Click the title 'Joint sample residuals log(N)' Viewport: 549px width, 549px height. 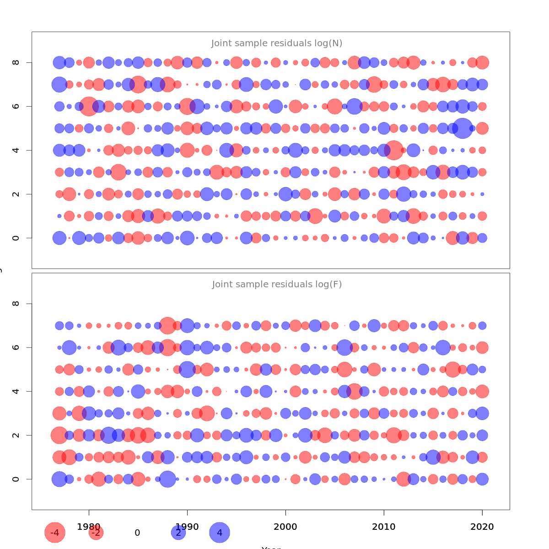click(x=277, y=43)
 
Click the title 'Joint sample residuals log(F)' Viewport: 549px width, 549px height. click(x=277, y=285)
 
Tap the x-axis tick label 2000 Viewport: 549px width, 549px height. click(x=285, y=527)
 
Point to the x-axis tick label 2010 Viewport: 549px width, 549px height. click(x=384, y=527)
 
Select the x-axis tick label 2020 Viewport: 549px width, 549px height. click(x=482, y=527)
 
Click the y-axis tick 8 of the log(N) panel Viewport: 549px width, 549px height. click(x=16, y=62)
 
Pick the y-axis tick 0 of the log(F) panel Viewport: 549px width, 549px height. click(x=16, y=479)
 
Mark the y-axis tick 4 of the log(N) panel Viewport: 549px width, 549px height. click(x=16, y=150)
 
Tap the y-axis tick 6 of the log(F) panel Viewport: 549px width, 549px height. click(x=16, y=347)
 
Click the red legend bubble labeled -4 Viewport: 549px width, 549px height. click(x=55, y=533)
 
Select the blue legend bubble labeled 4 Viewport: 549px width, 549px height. click(x=220, y=533)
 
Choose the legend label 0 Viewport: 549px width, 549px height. click(x=137, y=533)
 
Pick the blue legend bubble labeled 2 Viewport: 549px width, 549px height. click(x=178, y=533)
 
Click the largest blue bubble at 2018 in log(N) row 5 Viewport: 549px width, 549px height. click(x=463, y=128)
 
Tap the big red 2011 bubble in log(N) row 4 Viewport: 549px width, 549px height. click(x=393, y=150)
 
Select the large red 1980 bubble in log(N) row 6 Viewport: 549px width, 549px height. click(x=89, y=106)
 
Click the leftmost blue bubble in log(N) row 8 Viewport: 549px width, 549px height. click(x=59, y=62)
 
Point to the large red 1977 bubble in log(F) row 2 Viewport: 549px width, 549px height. click(x=59, y=435)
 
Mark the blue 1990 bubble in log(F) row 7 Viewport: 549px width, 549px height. click(x=187, y=326)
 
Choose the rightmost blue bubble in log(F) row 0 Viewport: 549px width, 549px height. click(x=482, y=479)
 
